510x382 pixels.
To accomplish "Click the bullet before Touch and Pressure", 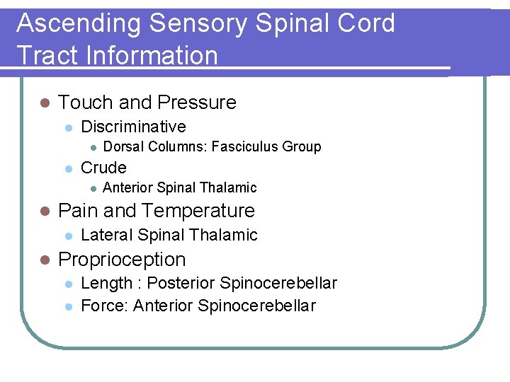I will click(x=43, y=103).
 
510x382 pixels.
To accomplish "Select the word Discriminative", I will click(x=133, y=127).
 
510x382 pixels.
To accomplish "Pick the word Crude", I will click(x=103, y=168).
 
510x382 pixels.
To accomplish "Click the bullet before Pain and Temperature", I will click(x=43, y=212).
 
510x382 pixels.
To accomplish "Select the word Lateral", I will click(x=107, y=235).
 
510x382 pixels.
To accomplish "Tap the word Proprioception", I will click(x=122, y=260).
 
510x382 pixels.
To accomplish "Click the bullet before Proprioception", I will click(x=43, y=260).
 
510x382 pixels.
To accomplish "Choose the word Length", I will click(x=107, y=284).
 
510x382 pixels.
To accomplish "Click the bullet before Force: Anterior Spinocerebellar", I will click(x=68, y=306).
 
